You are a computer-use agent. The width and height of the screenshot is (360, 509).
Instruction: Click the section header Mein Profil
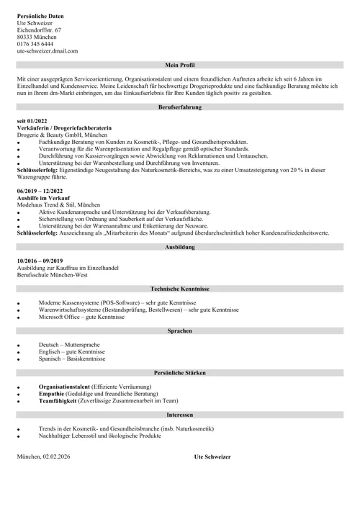pyautogui.click(x=179, y=64)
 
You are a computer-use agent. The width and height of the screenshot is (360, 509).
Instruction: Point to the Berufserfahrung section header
pyautogui.click(x=179, y=107)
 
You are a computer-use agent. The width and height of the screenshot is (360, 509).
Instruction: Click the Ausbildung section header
pyautogui.click(x=179, y=247)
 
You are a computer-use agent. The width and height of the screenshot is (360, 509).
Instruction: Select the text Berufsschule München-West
pyautogui.click(x=53, y=275)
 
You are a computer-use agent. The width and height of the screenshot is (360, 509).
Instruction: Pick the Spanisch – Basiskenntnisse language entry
pyautogui.click(x=72, y=359)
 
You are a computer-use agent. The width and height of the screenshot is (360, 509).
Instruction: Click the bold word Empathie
pyautogui.click(x=52, y=393)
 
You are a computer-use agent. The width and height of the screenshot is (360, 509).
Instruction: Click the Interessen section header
pyautogui.click(x=179, y=415)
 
